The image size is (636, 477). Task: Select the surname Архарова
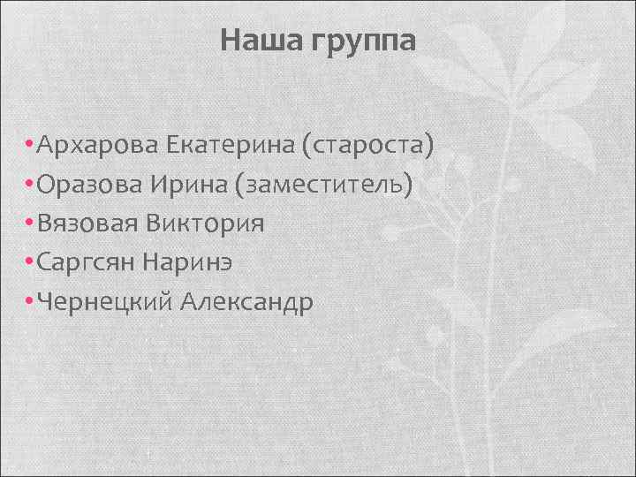coord(95,145)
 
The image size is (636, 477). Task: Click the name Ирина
coord(197,185)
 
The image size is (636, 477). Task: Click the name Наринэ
coord(197,263)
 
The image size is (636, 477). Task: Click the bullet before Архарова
coord(31,145)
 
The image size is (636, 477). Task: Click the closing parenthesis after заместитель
coord(409,185)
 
